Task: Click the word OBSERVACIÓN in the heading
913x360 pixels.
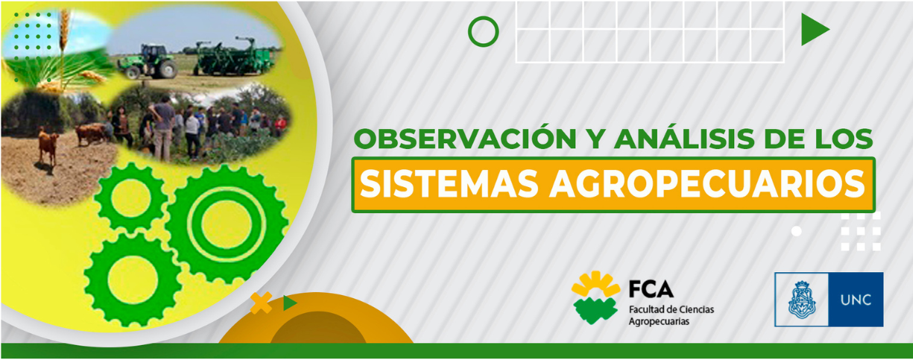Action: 466,138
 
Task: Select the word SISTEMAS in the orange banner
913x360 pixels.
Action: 449,184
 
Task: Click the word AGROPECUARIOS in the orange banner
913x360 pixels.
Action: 707,184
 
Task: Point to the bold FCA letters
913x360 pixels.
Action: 651,289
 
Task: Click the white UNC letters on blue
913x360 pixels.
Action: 856,300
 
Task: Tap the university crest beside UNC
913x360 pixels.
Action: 802,300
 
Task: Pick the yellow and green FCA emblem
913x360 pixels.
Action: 595,297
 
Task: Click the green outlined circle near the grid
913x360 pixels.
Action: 483,31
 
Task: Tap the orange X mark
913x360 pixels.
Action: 262,303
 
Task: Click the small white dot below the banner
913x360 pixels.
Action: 797,231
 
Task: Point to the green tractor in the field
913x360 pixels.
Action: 148,62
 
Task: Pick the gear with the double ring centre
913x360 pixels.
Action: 227,224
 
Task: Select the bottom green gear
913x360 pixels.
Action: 133,280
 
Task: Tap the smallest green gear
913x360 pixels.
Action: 131,198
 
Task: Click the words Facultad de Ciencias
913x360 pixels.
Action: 672,309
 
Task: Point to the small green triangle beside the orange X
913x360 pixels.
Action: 289,303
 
